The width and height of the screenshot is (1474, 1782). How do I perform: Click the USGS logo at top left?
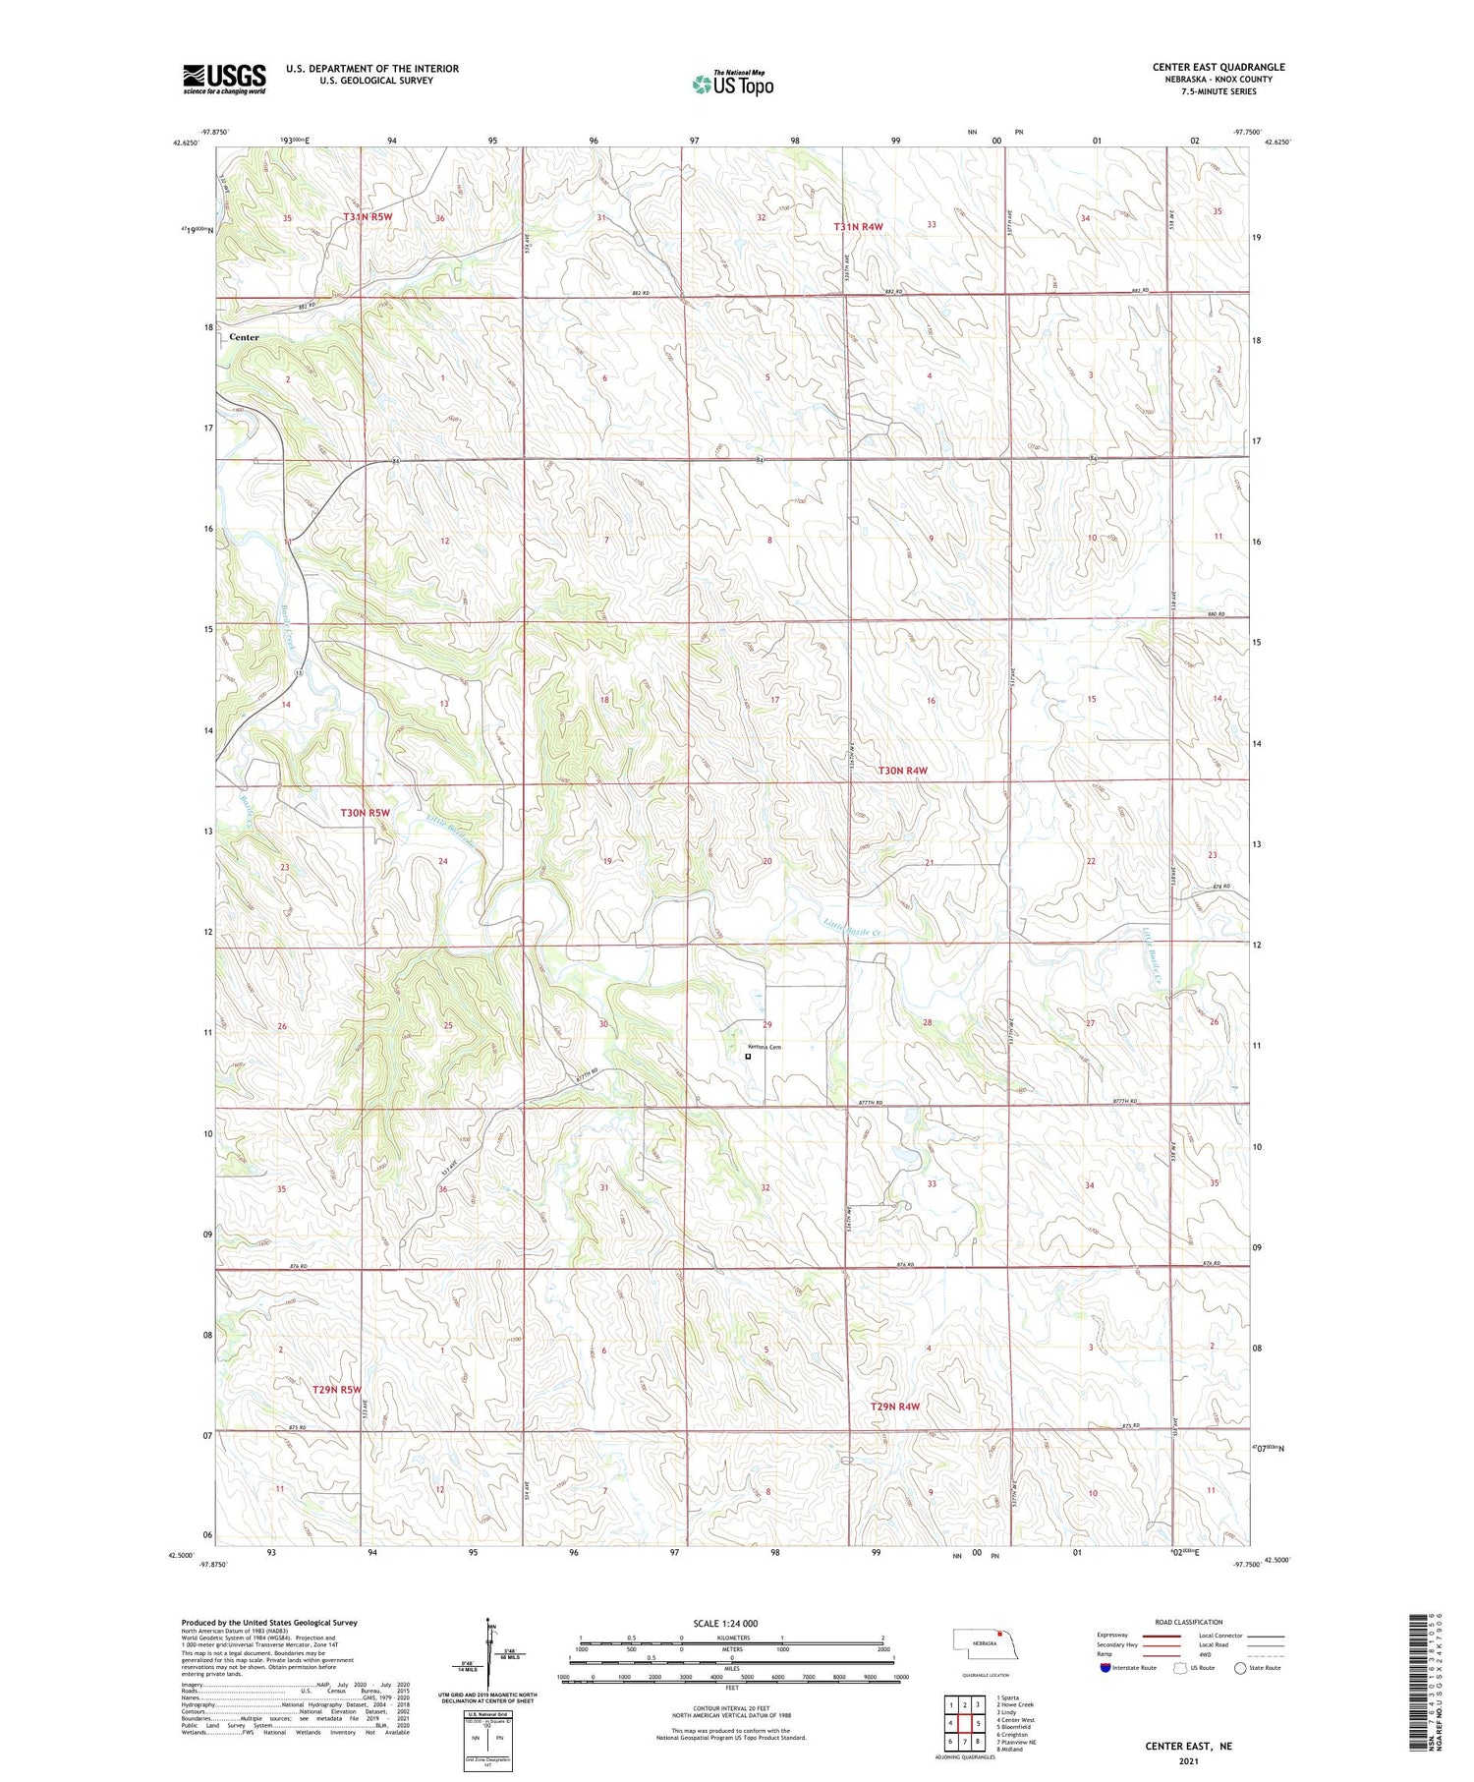224,79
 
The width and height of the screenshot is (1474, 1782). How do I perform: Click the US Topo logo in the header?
733,84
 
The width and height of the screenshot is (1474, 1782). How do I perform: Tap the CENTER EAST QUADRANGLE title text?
1219,67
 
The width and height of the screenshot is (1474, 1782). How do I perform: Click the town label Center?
244,337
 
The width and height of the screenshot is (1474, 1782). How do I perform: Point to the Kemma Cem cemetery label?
763,1048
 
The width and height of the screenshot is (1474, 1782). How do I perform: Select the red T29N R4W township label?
895,1407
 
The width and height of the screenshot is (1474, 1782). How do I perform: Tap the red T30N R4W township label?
902,771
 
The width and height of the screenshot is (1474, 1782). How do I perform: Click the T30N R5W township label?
366,813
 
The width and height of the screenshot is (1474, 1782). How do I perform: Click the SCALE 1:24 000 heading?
726,1623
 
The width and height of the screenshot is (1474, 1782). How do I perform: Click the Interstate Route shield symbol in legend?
1105,1668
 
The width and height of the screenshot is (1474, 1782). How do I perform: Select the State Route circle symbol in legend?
1240,1668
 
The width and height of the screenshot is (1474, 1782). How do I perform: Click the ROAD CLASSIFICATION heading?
1189,1622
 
